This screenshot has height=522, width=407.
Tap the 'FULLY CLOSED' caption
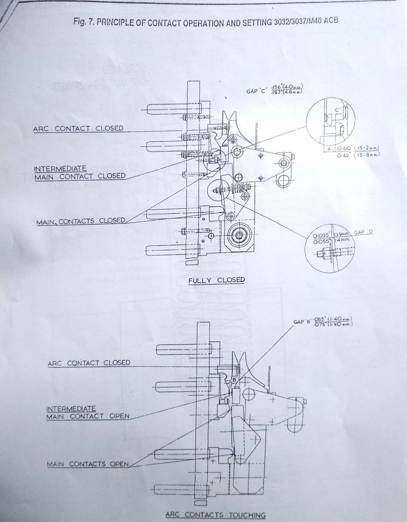[x=216, y=280]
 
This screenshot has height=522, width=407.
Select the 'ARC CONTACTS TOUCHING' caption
[x=215, y=515]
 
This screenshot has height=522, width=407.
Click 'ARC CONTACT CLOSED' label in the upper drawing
[x=78, y=128]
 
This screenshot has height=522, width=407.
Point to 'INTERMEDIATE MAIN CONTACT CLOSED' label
[x=80, y=173]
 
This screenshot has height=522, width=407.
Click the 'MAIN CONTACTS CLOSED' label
[x=81, y=221]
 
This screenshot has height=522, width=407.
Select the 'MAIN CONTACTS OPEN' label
[x=87, y=464]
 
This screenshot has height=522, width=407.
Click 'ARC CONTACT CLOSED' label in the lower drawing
[x=89, y=363]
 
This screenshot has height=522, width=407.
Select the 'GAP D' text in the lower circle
[x=363, y=232]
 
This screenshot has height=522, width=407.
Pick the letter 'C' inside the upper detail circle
[x=337, y=110]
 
